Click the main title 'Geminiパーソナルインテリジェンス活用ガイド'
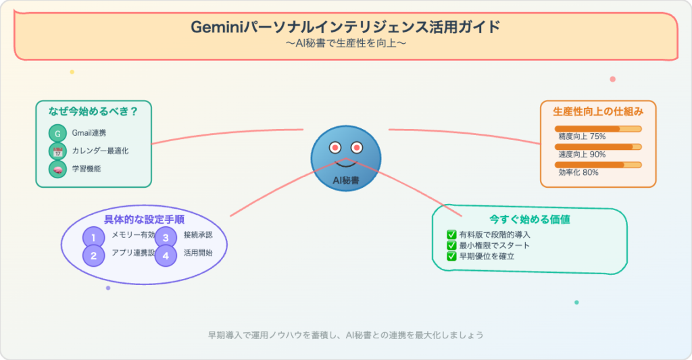(x=345, y=28)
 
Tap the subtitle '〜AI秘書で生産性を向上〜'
(x=345, y=44)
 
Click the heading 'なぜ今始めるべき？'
(x=93, y=112)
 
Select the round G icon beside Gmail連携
(x=57, y=133)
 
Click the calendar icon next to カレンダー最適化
(x=57, y=151)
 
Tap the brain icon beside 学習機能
(x=57, y=169)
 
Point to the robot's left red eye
(x=334, y=147)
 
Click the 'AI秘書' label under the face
(x=345, y=180)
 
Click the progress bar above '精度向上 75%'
(x=597, y=128)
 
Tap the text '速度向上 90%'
(x=582, y=154)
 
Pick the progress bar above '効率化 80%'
(x=597, y=164)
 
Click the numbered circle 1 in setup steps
(x=93, y=237)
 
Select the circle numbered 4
(x=166, y=255)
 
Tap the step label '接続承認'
(x=197, y=235)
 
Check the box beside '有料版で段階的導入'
(x=451, y=234)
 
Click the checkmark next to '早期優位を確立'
(x=451, y=256)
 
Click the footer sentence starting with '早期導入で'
(x=345, y=335)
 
